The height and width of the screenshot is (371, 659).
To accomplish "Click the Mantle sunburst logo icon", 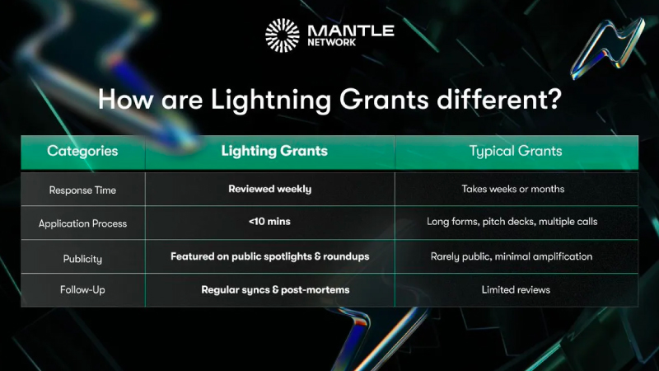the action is coord(282,35).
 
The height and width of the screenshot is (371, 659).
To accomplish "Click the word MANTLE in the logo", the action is coord(351,31).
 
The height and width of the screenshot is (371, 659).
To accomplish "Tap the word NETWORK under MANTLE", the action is coord(332,43).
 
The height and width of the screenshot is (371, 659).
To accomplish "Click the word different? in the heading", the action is coord(499,99).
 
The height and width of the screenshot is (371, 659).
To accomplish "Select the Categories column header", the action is coord(82,151).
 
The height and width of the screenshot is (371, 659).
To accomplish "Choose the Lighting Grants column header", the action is coord(274,151).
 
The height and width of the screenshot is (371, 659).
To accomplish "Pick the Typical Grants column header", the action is coord(516,151).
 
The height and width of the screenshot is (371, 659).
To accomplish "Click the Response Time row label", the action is coord(82,190).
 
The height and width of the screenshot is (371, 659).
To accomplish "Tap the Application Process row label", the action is coord(82,223).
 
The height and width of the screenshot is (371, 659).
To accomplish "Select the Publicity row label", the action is coord(82,259).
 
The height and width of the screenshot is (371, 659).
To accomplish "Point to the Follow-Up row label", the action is coord(82,290).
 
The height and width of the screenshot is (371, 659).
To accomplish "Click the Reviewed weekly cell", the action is coord(270,190).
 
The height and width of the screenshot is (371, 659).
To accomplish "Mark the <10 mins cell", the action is coord(269,222).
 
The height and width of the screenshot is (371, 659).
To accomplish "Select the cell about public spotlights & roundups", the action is coord(270,256).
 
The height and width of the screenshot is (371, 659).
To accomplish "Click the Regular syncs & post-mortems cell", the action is coord(275,290).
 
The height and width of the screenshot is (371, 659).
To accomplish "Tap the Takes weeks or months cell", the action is coord(512,189).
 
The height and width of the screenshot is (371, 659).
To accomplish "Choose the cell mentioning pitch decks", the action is coord(512,222).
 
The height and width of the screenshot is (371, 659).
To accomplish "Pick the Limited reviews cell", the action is coord(516,290).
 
